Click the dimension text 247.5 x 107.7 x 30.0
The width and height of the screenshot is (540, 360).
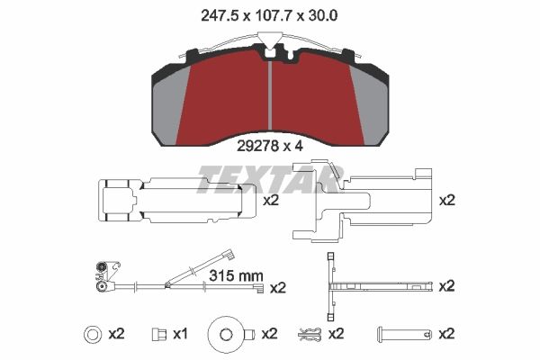[270, 13]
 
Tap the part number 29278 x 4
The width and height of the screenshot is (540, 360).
[270, 141]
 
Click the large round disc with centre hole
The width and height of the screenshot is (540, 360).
[225, 334]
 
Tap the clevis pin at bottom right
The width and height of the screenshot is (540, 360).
[402, 334]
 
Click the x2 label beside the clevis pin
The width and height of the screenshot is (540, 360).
[446, 334]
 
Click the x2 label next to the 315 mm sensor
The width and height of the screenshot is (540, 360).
[277, 288]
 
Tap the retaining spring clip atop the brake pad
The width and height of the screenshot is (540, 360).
[270, 40]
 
